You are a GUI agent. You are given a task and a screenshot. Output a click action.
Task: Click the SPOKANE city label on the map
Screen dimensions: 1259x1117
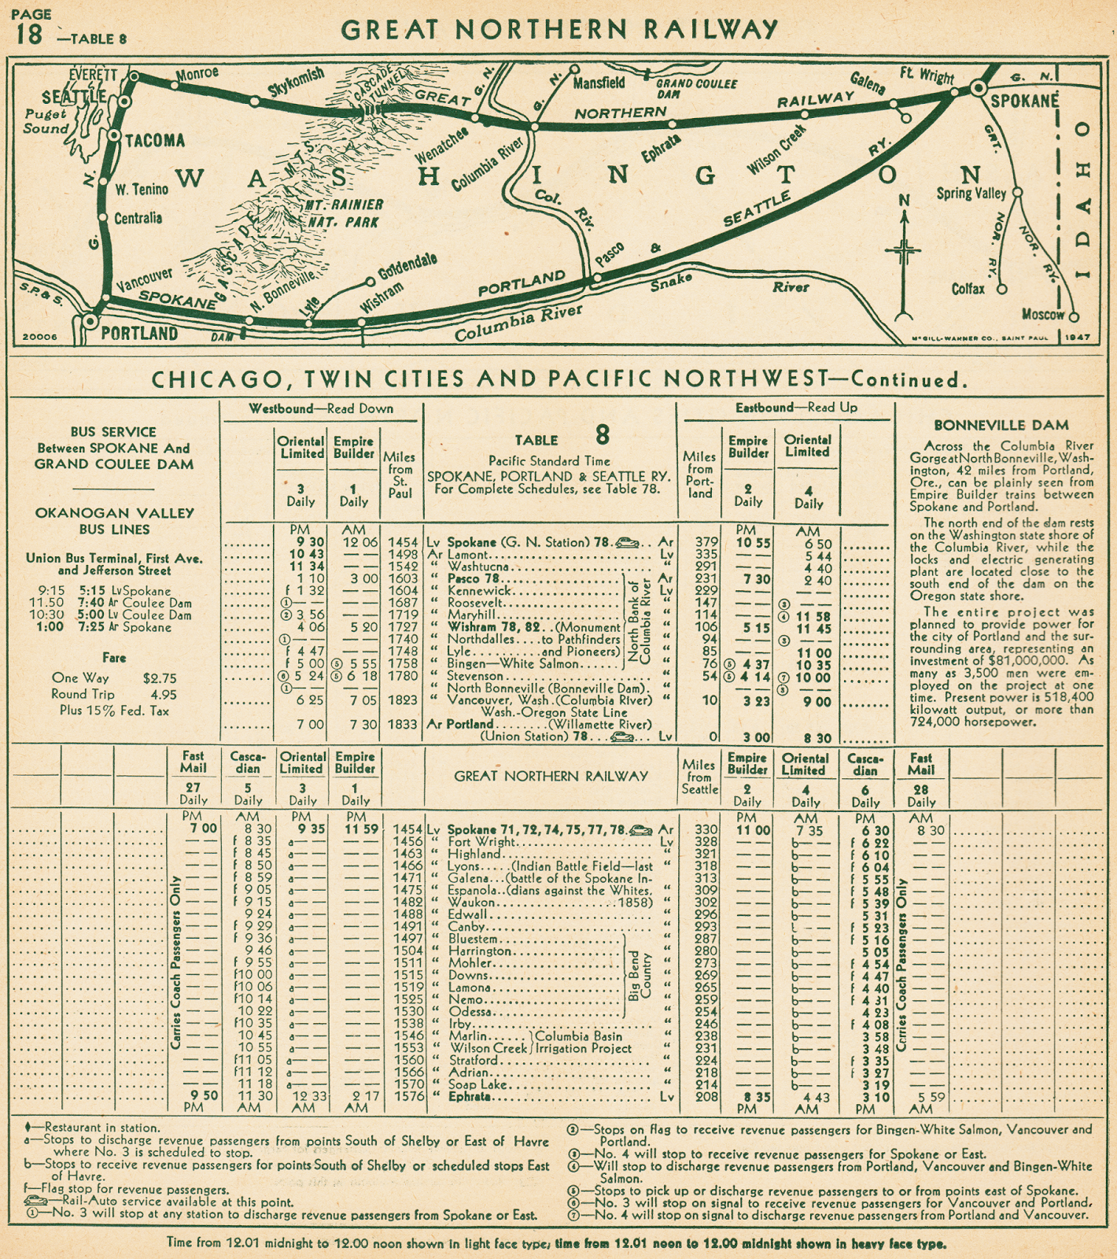tap(1024, 102)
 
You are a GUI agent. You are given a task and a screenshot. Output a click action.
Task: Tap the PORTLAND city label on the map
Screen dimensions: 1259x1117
tap(139, 333)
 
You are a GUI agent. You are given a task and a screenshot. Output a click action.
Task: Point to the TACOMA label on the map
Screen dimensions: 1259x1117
tap(155, 141)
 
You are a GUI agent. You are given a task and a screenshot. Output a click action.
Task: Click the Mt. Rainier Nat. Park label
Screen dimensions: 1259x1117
tap(343, 213)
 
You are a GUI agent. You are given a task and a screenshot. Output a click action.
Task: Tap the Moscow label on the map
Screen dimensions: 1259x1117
tap(1042, 314)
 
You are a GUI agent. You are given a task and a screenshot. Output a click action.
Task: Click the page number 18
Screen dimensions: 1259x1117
tap(28, 35)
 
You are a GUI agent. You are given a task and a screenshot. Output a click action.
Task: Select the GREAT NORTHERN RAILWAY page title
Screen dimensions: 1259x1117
tap(559, 29)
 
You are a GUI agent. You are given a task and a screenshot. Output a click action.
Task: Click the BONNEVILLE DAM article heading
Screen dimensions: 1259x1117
tap(1001, 426)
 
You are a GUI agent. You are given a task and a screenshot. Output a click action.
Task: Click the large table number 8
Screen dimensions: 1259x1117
tap(602, 435)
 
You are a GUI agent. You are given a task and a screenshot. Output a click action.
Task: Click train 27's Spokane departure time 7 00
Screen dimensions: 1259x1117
tap(203, 829)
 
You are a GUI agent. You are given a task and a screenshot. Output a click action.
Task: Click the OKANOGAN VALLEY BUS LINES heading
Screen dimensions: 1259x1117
tap(114, 521)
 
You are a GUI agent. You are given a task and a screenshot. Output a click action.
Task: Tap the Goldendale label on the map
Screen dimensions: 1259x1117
tap(407, 267)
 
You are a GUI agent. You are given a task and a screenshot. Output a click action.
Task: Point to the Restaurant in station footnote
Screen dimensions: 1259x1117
tap(102, 1128)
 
